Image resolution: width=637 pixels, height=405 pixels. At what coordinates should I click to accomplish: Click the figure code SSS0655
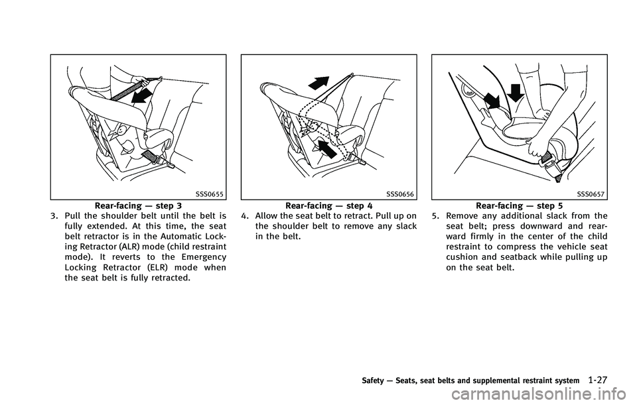(x=210, y=194)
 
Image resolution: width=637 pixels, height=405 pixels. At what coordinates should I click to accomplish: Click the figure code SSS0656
(x=400, y=194)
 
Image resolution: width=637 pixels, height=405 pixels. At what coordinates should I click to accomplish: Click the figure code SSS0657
(x=591, y=194)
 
